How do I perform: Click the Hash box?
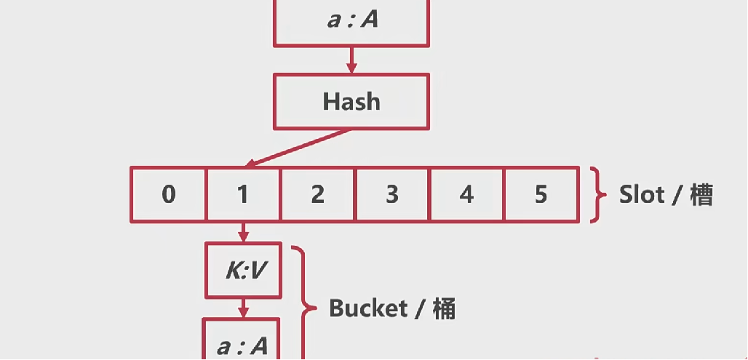pos(351,102)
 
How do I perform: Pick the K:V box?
pos(243,271)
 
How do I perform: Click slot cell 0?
pos(168,194)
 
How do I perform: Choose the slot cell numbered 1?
pos(243,194)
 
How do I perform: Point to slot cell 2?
pos(317,194)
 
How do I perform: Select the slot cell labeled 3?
pos(392,194)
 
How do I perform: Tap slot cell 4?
pos(466,194)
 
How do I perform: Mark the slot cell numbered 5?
pos(541,194)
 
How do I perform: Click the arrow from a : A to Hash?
pos(351,61)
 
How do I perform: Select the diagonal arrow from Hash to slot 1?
pos(298,148)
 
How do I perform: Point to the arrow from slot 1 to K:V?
pos(243,232)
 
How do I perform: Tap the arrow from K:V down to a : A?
pos(243,308)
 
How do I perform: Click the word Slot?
pos(642,195)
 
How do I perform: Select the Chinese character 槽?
pos(701,195)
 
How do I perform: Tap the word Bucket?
pos(367,308)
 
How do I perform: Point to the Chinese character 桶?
pos(442,308)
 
